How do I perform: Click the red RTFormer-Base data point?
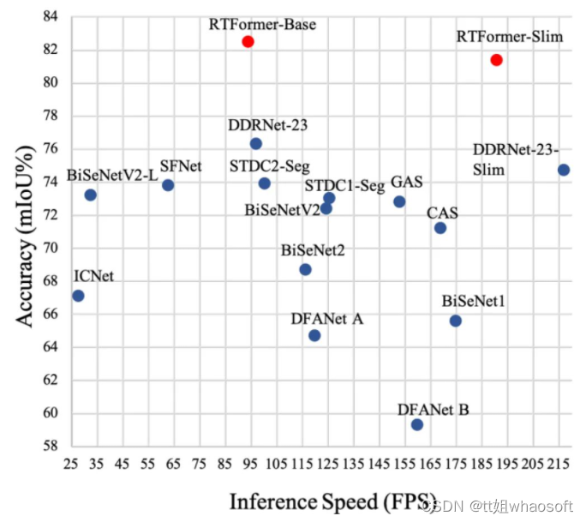coord(248,41)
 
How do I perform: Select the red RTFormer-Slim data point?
coord(496,60)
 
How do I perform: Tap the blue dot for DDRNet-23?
coord(255,143)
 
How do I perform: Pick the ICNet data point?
coord(78,296)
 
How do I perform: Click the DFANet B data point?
coord(417,424)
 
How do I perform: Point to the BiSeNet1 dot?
coord(456,321)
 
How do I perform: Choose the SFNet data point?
coord(168,185)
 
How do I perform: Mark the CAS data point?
coord(440,228)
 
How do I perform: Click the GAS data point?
coord(399,201)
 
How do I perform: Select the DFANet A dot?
coord(314,335)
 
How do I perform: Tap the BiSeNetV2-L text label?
coord(112,176)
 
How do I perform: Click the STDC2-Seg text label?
coord(269,165)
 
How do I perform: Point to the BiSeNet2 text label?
coord(313,250)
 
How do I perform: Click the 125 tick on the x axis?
coord(328,464)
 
